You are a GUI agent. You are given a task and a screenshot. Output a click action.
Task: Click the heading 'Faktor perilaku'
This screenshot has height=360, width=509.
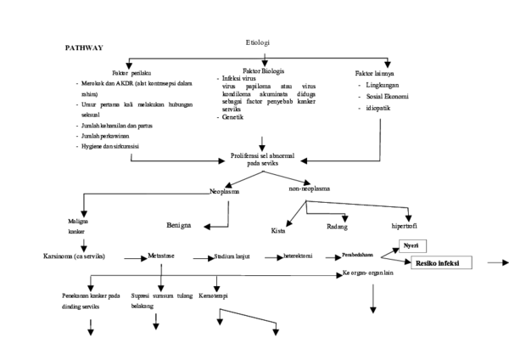[130, 73]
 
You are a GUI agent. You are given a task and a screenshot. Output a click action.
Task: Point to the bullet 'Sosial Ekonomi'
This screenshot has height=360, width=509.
[385, 98]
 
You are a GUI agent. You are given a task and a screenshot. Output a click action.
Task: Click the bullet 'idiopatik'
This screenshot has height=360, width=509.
[377, 110]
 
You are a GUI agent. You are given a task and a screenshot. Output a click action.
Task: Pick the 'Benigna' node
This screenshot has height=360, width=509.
[184, 227]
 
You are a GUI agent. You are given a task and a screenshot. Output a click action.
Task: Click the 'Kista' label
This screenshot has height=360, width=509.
[278, 230]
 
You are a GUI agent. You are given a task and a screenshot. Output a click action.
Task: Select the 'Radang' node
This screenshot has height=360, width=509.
[338, 227]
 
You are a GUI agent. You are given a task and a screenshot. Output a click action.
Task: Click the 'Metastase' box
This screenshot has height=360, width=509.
[161, 255]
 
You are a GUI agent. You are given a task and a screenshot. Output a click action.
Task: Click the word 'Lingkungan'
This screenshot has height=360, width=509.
[383, 86]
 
